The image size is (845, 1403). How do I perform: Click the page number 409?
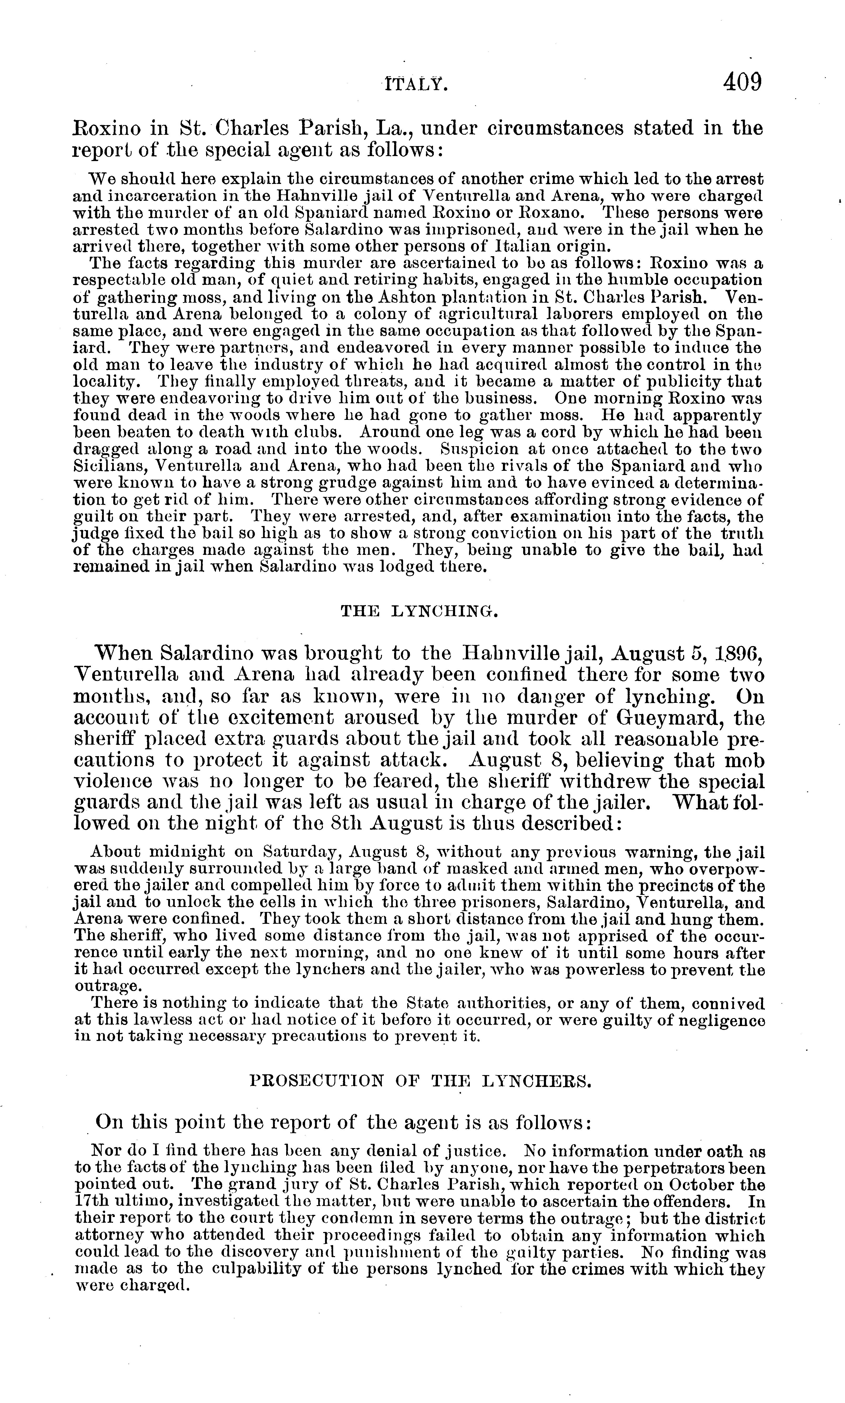coord(742,83)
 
